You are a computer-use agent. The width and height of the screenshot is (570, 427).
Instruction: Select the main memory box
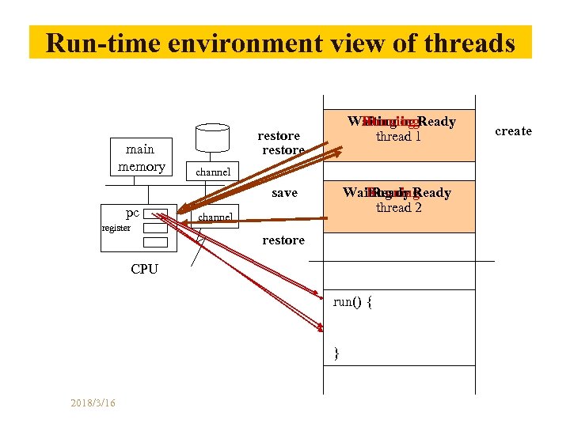[141, 157]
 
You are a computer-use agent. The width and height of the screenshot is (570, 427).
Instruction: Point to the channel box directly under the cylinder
[213, 172]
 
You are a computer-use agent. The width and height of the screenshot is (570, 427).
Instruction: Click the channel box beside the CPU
[215, 217]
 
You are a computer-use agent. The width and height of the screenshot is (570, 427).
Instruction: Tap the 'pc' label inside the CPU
[132, 213]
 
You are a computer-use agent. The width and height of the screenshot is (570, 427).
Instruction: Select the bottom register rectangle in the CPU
[156, 242]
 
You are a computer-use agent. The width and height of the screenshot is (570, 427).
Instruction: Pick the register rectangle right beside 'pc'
[156, 213]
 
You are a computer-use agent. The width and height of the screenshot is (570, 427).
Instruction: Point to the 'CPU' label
[144, 269]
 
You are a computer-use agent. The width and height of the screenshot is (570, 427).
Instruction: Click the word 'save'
[284, 193]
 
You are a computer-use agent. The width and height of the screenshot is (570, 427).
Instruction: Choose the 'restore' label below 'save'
[283, 240]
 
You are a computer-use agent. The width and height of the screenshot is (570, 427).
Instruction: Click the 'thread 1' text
[398, 137]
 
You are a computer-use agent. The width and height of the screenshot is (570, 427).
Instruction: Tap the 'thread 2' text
[399, 208]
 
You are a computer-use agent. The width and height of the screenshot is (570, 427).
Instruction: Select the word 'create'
[513, 131]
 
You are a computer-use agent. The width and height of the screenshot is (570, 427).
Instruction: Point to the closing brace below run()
[336, 352]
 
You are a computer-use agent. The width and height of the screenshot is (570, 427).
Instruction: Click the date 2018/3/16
[93, 403]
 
